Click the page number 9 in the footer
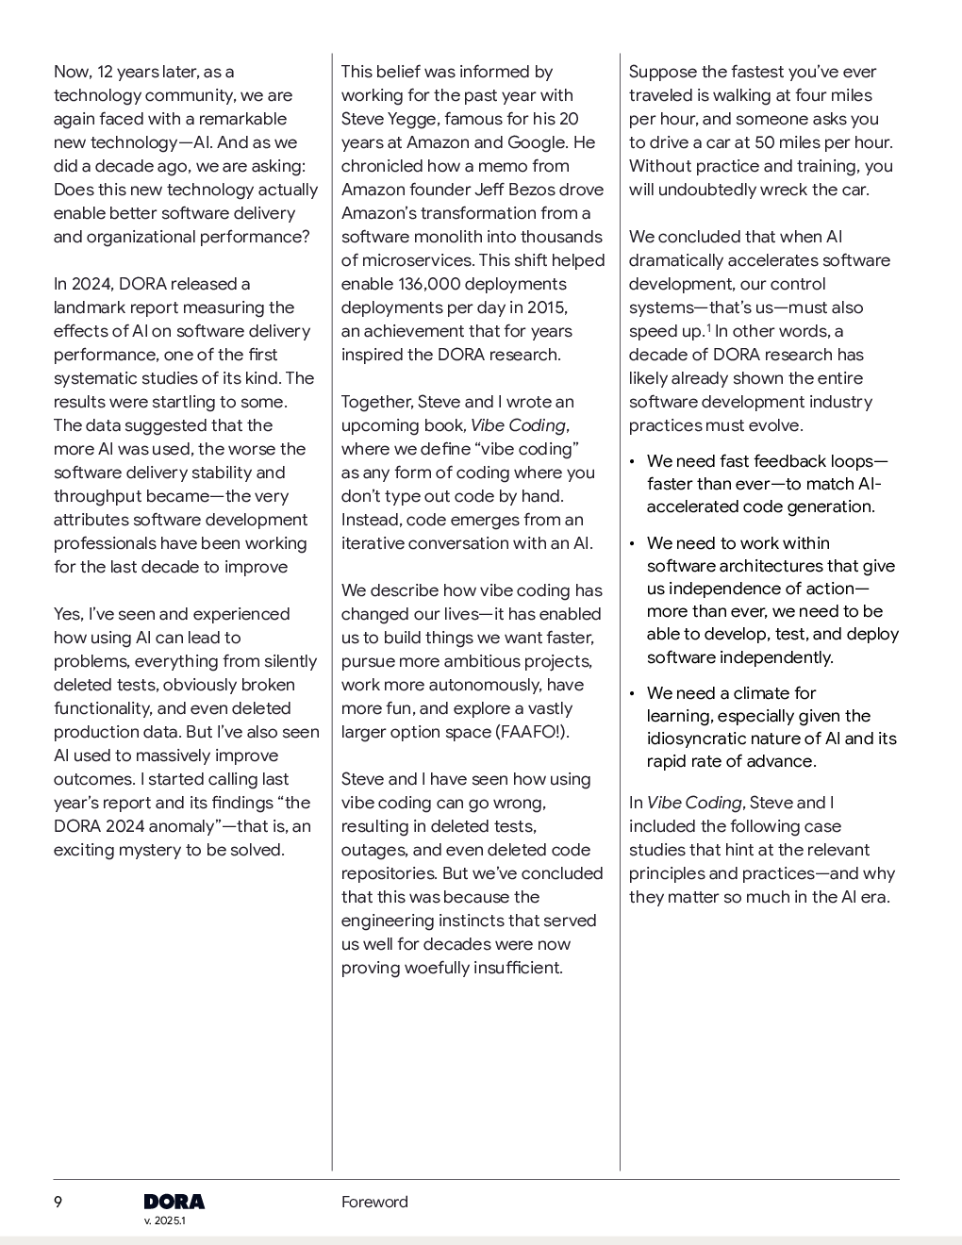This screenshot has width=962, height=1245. (58, 1202)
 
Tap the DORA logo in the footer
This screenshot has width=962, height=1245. (174, 1202)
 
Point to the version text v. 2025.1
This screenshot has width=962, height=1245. (165, 1220)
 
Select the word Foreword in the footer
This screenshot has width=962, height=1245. (374, 1202)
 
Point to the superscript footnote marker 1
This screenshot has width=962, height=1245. (708, 327)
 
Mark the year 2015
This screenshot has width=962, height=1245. (546, 307)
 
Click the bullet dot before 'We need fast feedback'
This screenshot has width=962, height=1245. (632, 462)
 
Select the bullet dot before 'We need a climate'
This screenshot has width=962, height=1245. (632, 694)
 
